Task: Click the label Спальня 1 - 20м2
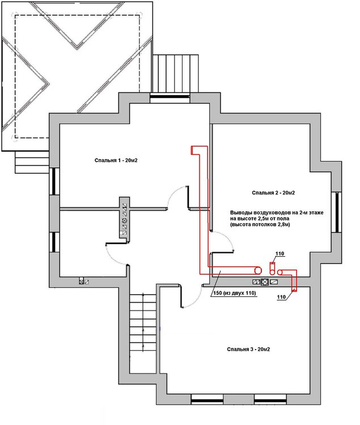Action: coord(116,160)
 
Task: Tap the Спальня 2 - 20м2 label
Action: coord(273,193)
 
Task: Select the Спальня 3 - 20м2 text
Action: coord(248,350)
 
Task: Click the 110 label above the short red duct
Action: coord(279,254)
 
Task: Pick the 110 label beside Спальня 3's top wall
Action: coord(281,297)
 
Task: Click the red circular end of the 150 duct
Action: coord(258,270)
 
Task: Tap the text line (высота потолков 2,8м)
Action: coord(260,224)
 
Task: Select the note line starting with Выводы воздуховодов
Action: coord(277,212)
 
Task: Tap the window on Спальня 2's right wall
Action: coord(337,212)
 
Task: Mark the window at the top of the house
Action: coord(170,96)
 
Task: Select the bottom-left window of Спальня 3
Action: coord(207,400)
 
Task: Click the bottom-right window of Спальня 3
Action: coord(270,400)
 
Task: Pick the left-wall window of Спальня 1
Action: coord(54,181)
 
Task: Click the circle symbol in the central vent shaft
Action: coord(125,220)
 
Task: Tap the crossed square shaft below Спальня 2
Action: coord(265,282)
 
